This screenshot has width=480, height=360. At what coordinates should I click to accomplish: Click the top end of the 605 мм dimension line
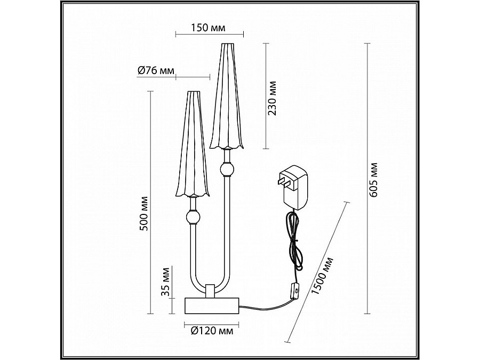coord(367,44)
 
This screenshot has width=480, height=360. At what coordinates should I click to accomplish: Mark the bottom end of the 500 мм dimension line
coord(150,314)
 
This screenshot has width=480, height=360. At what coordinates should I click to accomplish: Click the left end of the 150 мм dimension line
coord(175,34)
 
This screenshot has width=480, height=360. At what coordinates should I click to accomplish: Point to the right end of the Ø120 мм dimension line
coord(239,325)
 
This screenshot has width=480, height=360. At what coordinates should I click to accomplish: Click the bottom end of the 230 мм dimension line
coord(266,149)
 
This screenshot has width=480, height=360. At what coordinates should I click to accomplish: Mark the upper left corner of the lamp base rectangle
coord(185,298)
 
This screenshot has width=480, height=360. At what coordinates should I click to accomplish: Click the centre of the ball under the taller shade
coord(227,169)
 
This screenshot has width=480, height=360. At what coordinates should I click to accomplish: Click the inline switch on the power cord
coord(295,290)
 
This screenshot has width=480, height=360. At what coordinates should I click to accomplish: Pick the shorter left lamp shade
coord(193,144)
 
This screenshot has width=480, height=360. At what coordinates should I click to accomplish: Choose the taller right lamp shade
coord(227,96)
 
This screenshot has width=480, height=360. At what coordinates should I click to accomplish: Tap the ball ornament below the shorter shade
coord(193,218)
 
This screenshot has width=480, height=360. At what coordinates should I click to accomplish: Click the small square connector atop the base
coord(210,291)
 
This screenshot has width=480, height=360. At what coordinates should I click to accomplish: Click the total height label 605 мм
coord(373,180)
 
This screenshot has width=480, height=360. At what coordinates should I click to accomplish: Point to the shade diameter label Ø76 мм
coord(156,71)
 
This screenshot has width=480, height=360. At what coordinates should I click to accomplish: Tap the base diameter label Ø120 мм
coord(212,331)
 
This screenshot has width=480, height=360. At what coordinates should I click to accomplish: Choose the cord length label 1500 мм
coord(322,276)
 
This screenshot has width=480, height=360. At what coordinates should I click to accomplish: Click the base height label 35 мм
coord(165,282)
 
